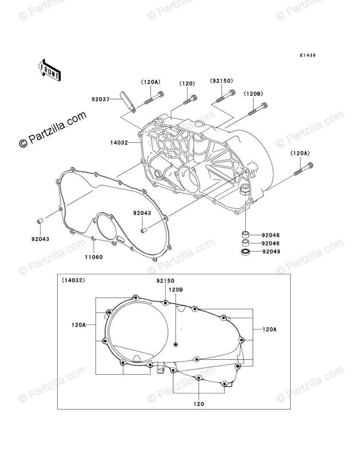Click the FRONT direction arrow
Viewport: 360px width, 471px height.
50,70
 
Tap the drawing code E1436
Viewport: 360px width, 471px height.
307,56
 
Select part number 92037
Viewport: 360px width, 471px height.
100,99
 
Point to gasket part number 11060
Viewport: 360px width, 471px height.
93,256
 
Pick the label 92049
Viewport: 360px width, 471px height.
271,252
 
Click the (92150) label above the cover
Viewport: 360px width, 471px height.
221,81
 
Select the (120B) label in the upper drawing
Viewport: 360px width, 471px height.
253,94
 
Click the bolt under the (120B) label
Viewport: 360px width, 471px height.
258,109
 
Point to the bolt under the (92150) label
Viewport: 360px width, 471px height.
226,96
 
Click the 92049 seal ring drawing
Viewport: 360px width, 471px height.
245,252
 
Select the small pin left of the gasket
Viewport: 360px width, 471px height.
40,221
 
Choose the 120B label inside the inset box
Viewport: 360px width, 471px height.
176,289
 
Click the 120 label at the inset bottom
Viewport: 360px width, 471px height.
199,403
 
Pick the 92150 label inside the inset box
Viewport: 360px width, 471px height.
166,281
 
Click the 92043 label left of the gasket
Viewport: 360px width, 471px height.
40,239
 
